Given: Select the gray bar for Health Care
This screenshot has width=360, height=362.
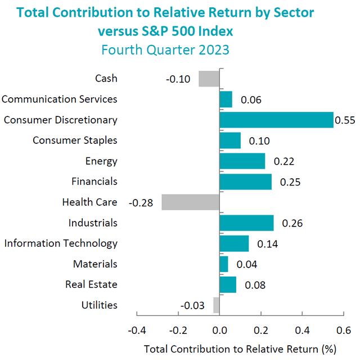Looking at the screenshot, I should pyautogui.click(x=191, y=202).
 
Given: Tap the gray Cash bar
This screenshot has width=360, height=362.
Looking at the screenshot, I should pyautogui.click(x=209, y=79).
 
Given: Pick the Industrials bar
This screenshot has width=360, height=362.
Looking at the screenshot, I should pyautogui.click(x=246, y=223).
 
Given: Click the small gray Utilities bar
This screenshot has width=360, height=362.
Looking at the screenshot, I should pyautogui.click(x=217, y=305).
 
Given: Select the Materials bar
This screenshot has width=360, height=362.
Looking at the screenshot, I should pyautogui.click(x=224, y=264).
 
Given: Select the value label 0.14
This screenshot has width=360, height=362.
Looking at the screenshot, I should pyautogui.click(x=267, y=244).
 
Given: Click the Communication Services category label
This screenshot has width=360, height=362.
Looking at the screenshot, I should pyautogui.click(x=60, y=99).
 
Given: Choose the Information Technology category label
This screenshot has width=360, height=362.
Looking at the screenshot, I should pyautogui.click(x=61, y=243).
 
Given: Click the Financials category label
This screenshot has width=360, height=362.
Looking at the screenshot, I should pyautogui.click(x=94, y=182).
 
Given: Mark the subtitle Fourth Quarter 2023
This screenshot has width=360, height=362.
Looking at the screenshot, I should pyautogui.click(x=165, y=49).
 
